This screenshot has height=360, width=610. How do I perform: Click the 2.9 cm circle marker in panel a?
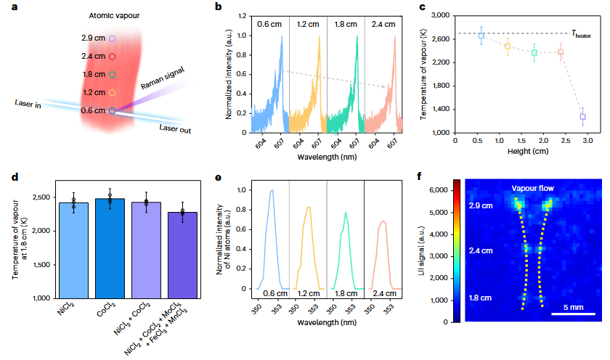112,38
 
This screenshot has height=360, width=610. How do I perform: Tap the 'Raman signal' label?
163,78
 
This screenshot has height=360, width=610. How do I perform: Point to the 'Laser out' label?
175,128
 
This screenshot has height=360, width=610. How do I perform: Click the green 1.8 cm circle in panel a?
112,75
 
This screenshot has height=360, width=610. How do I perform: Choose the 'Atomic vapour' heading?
114,16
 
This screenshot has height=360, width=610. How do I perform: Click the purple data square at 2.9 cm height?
582,117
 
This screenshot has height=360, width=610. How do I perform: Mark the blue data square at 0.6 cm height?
481,36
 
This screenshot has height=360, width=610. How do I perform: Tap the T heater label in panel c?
581,34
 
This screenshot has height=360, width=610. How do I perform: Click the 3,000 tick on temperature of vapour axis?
440,15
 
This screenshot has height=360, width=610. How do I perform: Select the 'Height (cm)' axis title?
528,151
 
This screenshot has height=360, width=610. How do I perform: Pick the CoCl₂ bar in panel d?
110,248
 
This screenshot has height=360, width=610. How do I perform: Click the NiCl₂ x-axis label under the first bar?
66,308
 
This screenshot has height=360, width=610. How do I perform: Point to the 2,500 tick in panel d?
41,197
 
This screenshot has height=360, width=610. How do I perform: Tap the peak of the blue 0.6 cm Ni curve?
272,190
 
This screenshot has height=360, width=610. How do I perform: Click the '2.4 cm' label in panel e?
384,293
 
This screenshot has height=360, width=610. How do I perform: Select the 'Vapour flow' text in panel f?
532,189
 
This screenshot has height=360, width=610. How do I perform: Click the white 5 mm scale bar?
574,314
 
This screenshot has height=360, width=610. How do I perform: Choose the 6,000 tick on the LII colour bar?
439,190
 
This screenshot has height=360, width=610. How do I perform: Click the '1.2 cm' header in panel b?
308,24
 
